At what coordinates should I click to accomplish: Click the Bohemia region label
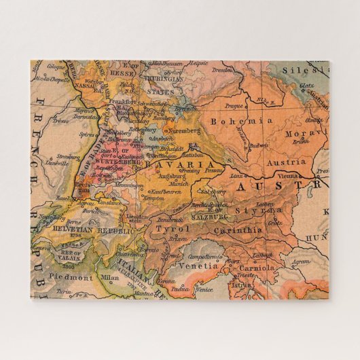point(232,121)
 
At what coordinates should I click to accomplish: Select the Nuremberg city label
point(185,130)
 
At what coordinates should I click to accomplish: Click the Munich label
point(180,183)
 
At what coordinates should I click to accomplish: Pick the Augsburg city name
point(172,176)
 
